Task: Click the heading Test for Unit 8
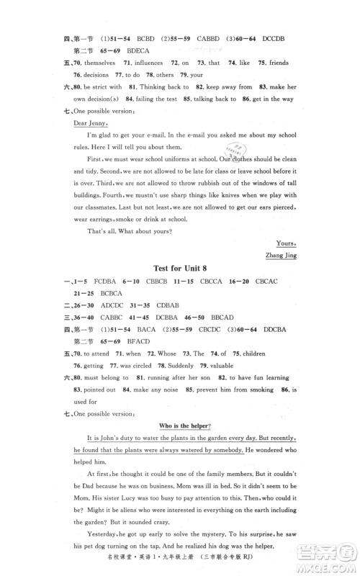181,269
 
